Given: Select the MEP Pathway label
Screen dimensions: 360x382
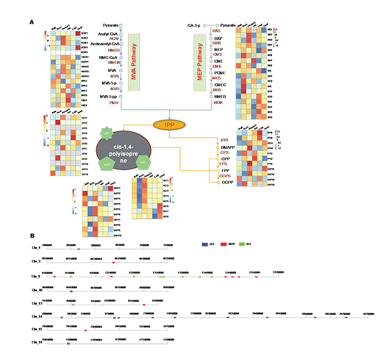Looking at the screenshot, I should pos(201,57).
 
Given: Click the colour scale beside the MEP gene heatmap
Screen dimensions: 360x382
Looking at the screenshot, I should pos(274,38).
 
